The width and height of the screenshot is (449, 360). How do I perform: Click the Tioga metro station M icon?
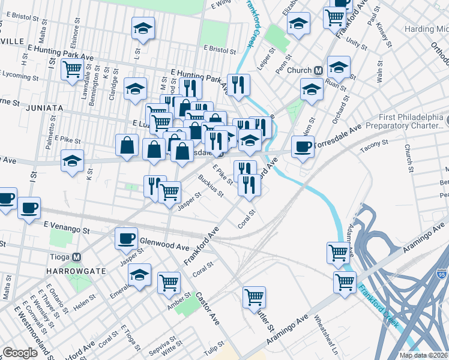pyautogui.click(x=76, y=257)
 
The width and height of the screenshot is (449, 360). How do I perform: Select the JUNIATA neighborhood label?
pyautogui.click(x=44, y=107)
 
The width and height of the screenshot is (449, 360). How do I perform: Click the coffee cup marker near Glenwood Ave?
pyautogui.click(x=127, y=238)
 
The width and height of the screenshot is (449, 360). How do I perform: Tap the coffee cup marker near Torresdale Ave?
pyautogui.click(x=302, y=146)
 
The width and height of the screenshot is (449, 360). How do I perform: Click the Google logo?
pyautogui.click(x=19, y=353)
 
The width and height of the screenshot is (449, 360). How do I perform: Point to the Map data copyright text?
pyautogui.click(x=424, y=355)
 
